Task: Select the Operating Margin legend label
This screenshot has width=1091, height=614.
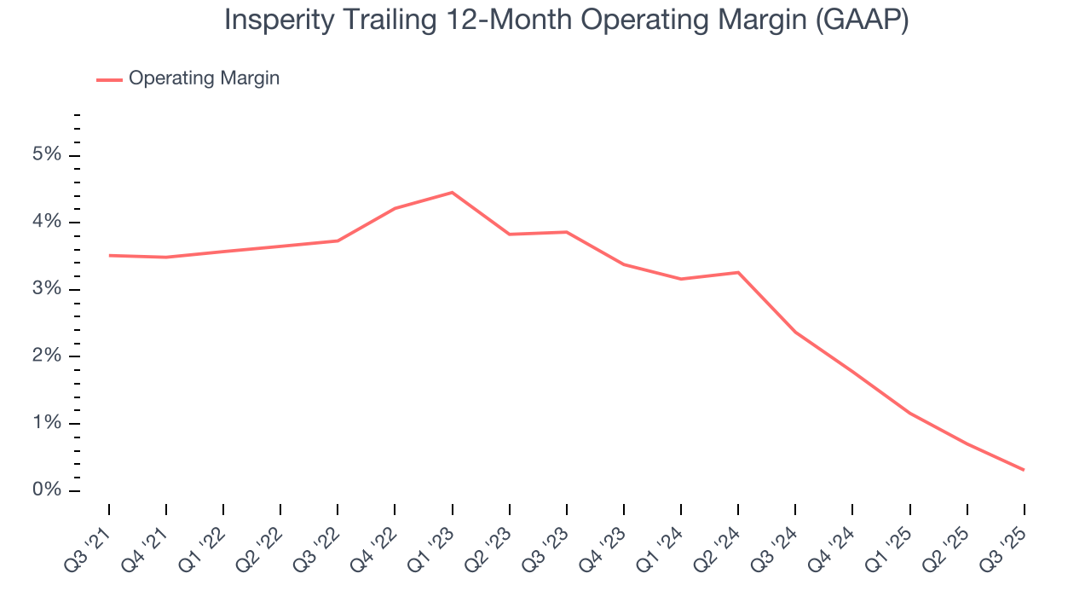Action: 204,78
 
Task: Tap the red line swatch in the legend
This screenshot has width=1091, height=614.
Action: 109,79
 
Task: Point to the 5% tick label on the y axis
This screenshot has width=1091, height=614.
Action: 47,155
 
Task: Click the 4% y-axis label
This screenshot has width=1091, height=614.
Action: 47,223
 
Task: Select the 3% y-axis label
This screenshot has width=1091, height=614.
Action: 47,289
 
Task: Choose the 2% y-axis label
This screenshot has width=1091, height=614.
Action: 47,356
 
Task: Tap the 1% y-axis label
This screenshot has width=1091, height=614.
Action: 47,424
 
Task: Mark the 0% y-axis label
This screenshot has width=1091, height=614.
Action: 47,490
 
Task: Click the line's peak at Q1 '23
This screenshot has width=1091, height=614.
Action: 452,192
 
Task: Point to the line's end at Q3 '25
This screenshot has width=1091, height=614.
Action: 1024,470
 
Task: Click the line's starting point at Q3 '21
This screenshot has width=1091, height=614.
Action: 109,255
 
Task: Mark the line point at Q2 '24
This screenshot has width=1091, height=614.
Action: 738,272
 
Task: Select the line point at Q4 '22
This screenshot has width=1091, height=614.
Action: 395,208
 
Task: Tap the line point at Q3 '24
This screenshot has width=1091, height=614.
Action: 795,332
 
